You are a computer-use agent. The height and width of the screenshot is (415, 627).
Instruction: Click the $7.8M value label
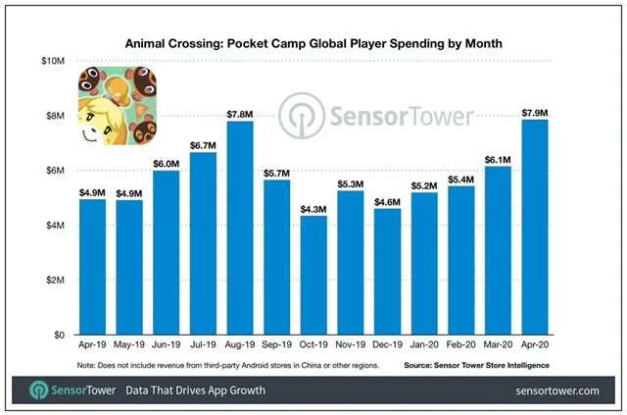tap(241, 112)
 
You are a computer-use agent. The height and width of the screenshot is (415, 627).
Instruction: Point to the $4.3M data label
tap(314, 207)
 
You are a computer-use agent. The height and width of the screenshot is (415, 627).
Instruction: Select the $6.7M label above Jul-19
tap(204, 143)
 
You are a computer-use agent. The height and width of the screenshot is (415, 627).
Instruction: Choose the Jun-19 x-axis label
tap(167, 345)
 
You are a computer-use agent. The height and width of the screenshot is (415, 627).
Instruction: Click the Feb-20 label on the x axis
tap(462, 345)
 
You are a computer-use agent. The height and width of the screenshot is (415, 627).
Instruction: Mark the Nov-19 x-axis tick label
tap(352, 345)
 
